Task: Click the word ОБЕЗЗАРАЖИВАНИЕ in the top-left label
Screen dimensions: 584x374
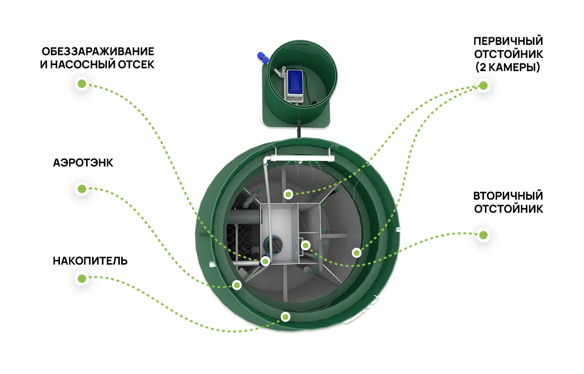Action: (x=98, y=51)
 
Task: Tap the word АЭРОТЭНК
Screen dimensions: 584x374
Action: (x=83, y=163)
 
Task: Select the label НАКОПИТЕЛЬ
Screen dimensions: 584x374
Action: (x=90, y=261)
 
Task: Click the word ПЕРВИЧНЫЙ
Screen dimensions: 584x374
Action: (x=508, y=41)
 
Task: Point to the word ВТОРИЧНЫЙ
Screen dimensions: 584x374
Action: (x=508, y=196)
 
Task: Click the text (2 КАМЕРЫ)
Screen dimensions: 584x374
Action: (x=508, y=67)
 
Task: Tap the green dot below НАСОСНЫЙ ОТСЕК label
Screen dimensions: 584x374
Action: (x=82, y=84)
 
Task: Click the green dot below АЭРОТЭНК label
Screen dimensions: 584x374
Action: (x=82, y=189)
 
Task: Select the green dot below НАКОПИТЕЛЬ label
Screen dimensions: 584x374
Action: (x=82, y=279)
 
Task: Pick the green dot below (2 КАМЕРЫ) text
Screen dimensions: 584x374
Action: (x=483, y=86)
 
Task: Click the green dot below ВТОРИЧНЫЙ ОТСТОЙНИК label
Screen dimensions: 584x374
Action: (x=483, y=235)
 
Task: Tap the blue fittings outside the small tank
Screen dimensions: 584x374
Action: (x=263, y=58)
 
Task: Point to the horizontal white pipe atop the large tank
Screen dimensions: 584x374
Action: (x=302, y=158)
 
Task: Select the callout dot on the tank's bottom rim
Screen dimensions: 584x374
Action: (x=285, y=317)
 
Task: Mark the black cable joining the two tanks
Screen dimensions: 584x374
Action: (x=299, y=129)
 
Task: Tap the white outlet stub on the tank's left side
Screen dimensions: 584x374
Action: (x=212, y=264)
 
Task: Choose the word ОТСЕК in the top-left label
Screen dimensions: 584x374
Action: (x=136, y=65)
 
